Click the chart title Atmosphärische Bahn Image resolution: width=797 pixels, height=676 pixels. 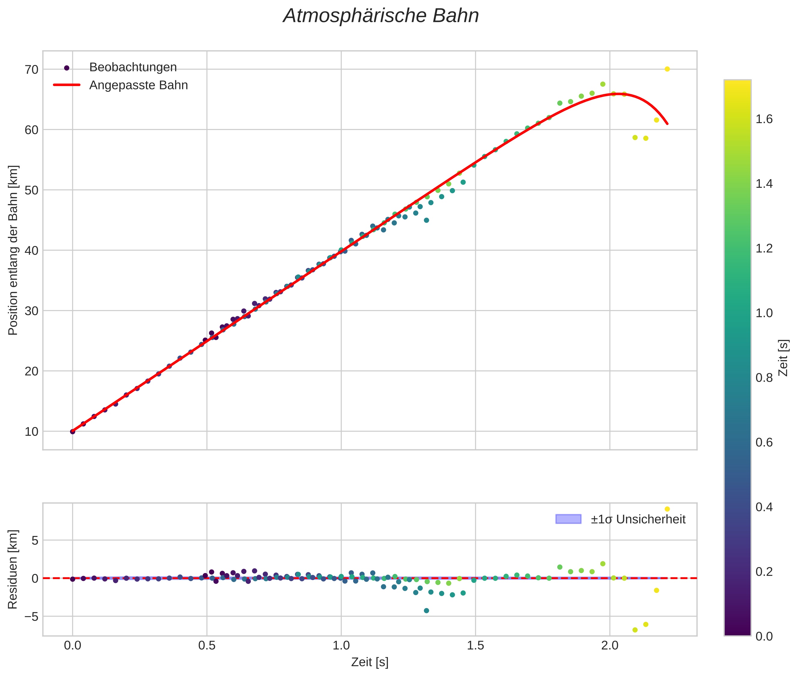pyautogui.click(x=381, y=16)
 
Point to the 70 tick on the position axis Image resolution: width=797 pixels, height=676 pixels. pyautogui.click(x=32, y=70)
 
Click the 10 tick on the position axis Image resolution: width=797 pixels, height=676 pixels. pyautogui.click(x=32, y=432)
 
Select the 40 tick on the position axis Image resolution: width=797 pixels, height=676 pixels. pyautogui.click(x=32, y=251)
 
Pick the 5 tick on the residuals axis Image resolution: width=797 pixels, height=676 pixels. pyautogui.click(x=35, y=541)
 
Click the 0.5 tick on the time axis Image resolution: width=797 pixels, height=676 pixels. pyautogui.click(x=207, y=646)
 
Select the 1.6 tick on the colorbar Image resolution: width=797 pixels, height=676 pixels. pyautogui.click(x=764, y=119)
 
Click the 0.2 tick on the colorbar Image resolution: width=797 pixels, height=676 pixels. pyautogui.click(x=764, y=571)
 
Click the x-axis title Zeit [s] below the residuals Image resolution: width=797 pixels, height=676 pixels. pyautogui.click(x=370, y=662)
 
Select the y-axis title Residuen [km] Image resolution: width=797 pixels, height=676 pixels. pyautogui.click(x=13, y=569)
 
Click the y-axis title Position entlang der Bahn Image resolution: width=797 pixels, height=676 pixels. pyautogui.click(x=13, y=250)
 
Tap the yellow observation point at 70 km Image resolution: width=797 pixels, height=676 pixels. pyautogui.click(x=667, y=69)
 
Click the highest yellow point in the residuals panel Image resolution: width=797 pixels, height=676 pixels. pyautogui.click(x=667, y=509)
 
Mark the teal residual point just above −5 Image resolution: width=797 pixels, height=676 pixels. pyautogui.click(x=426, y=610)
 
